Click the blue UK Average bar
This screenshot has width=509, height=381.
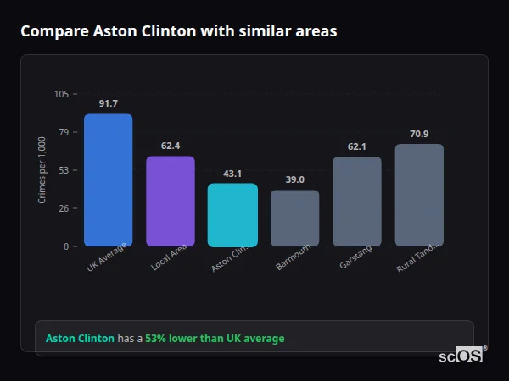point(108,179)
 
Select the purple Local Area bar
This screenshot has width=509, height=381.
point(170,201)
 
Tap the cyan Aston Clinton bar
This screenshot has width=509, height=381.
point(232,214)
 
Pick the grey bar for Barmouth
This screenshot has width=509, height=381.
point(294,218)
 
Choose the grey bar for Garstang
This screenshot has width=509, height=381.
point(357,201)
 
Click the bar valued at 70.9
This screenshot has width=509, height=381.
point(419,195)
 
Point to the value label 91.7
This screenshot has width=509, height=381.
point(108,103)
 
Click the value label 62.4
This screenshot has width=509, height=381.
point(170,146)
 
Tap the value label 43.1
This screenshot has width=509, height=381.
point(232,174)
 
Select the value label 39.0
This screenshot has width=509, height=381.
point(294,179)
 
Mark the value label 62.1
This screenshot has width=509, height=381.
point(357,146)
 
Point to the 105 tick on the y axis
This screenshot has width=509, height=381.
point(61,94)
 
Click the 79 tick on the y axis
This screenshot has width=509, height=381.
point(63,132)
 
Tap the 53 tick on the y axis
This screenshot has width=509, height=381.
point(63,170)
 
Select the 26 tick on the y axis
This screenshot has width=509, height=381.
point(63,208)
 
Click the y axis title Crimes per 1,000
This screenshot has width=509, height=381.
point(42,170)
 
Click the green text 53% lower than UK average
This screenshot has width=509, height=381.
point(215,339)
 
